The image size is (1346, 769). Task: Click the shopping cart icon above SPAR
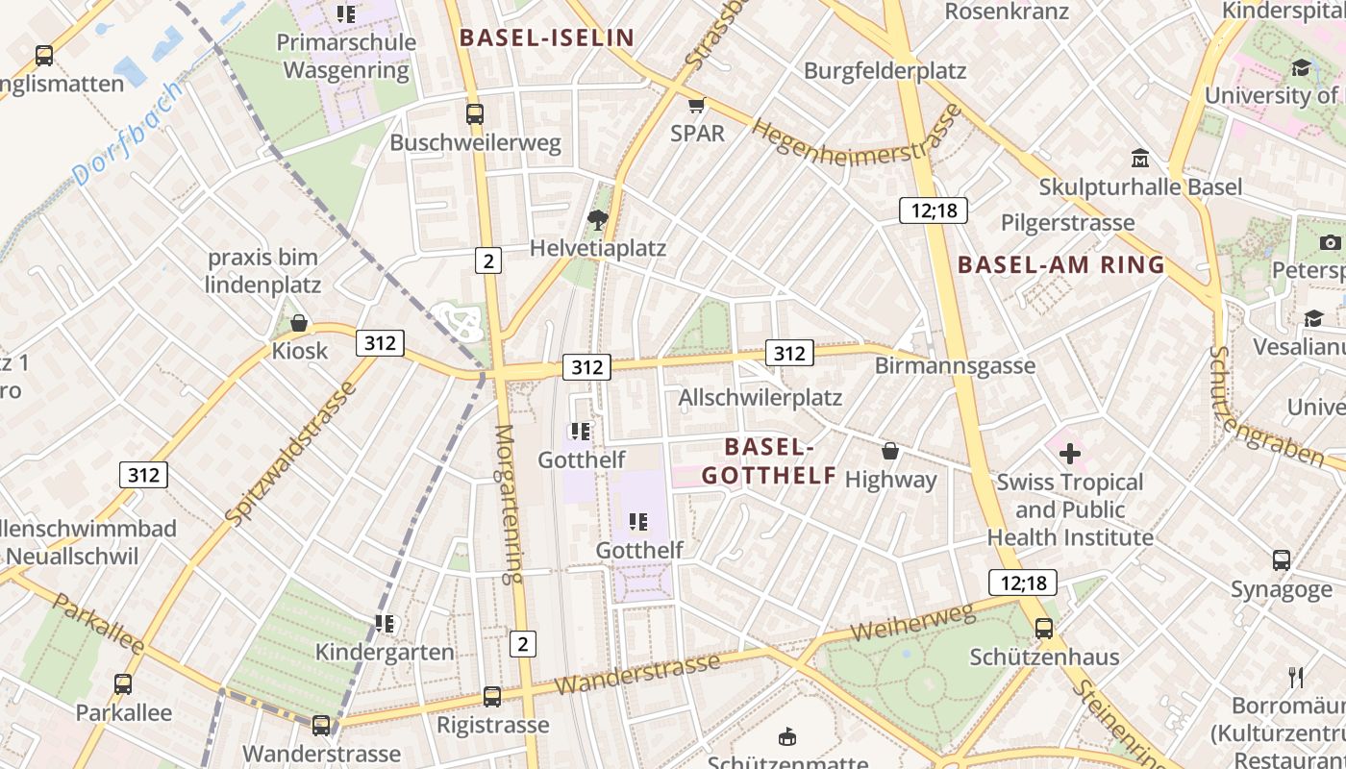coord(696,105)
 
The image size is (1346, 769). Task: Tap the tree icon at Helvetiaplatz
coord(598,220)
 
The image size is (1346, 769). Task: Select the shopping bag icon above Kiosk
coord(299,323)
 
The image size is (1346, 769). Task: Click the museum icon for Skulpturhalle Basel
coord(1140,158)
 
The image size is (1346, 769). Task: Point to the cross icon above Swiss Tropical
coord(1069,454)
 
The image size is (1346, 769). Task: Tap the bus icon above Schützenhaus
coord(1044,629)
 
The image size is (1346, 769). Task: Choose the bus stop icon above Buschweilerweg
coord(475,114)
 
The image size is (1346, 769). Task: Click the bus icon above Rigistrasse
coord(492,696)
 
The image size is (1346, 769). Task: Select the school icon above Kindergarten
coord(385,624)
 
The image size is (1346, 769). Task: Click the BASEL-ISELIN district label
coord(547,38)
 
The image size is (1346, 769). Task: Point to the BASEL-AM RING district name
coord(1061,265)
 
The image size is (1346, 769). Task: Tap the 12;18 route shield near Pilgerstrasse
coord(933,211)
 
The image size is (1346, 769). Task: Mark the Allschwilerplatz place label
coord(760,397)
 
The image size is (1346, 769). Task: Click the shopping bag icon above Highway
coord(890,450)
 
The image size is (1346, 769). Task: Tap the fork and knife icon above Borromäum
coord(1296,678)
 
